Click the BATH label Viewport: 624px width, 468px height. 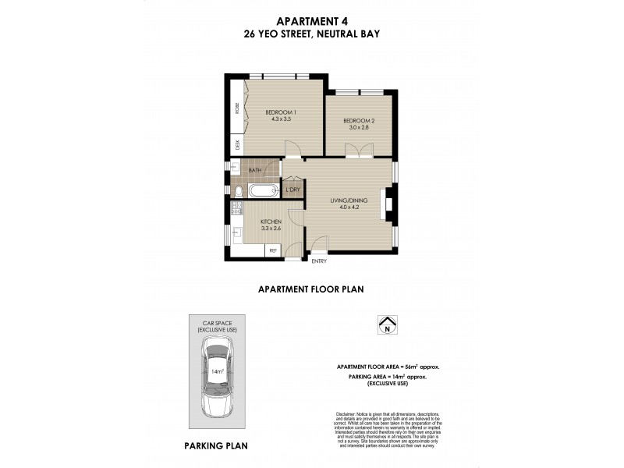[x=255, y=170]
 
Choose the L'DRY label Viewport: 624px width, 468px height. [x=293, y=190]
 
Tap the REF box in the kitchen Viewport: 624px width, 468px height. [x=273, y=250]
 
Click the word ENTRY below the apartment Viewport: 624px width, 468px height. [x=319, y=261]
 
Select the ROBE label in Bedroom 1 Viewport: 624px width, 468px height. [x=237, y=110]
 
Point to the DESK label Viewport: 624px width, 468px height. [x=237, y=144]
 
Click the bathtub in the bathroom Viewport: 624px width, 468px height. [x=263, y=191]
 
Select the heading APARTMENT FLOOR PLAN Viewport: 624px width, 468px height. [x=312, y=289]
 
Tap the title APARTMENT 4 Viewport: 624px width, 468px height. [x=312, y=22]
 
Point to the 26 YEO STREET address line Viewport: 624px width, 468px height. [x=312, y=34]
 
